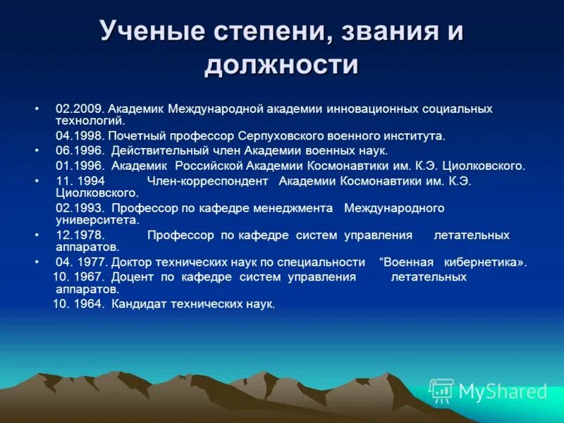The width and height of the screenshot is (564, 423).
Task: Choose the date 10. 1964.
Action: [x=78, y=304]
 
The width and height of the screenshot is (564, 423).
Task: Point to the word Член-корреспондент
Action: [x=208, y=180]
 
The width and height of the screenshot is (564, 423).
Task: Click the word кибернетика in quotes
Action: [x=486, y=262]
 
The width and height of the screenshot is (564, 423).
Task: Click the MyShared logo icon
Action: [x=441, y=391]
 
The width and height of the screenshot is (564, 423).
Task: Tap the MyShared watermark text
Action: [x=503, y=391]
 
